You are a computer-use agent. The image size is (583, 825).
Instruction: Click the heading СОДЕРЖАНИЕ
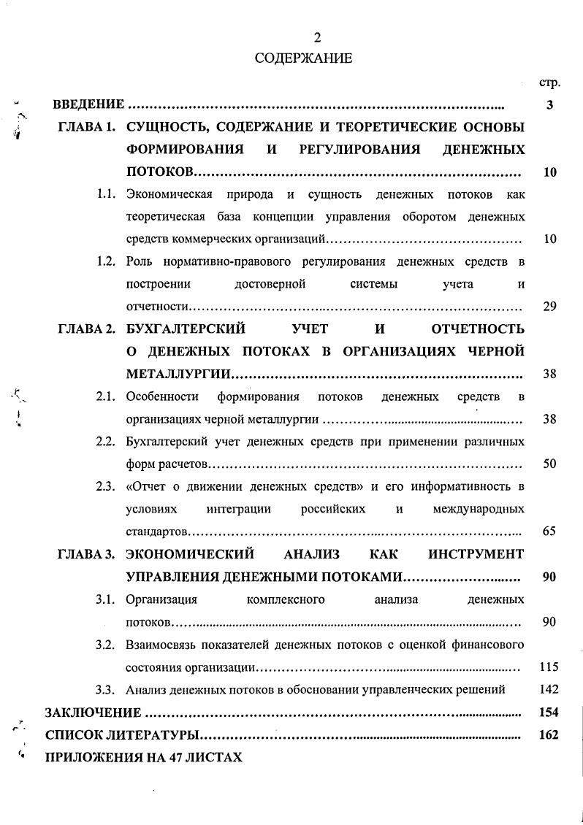click(x=303, y=58)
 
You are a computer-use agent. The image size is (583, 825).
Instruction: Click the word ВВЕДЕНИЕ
click(x=88, y=105)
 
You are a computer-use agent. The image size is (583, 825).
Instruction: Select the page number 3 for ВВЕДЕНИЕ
click(x=549, y=105)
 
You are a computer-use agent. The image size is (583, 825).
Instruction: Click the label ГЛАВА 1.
click(x=87, y=127)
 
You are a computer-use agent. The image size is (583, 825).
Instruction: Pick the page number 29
click(x=550, y=307)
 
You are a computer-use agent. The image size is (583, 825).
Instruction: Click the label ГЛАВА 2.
click(x=87, y=329)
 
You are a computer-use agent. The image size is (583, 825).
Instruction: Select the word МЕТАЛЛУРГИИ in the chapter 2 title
click(x=178, y=375)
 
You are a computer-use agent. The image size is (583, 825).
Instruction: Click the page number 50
click(x=550, y=464)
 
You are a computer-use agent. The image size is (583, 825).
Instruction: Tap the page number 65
click(x=550, y=532)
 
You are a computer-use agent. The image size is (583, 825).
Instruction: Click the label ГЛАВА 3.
click(x=87, y=554)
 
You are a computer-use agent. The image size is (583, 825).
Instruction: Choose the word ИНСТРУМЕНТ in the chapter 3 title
click(x=476, y=554)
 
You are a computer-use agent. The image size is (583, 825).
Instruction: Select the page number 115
click(x=548, y=667)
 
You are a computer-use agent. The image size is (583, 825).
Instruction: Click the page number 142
click(x=548, y=689)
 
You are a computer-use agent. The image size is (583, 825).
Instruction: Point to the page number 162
click(x=548, y=734)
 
